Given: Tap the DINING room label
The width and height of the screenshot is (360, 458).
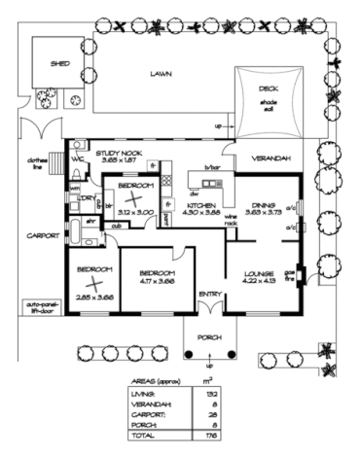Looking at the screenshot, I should [x=261, y=204].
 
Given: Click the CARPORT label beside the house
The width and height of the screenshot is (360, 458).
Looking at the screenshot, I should [x=38, y=235].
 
